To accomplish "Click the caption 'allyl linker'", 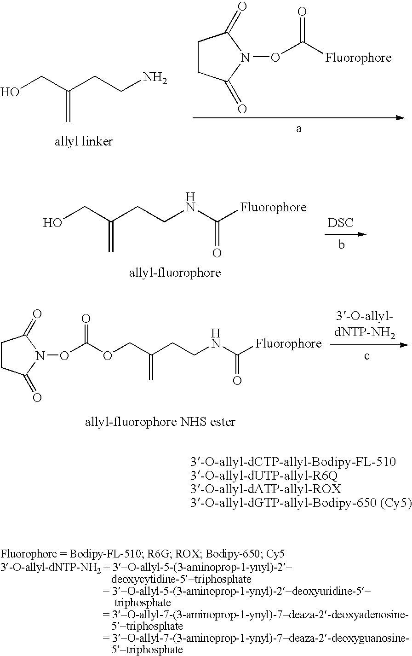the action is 83,142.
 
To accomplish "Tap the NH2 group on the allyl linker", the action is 155,78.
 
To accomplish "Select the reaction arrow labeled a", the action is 298,118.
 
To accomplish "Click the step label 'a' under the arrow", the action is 299,128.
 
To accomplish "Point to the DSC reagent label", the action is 340,223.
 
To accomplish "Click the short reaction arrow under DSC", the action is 345,234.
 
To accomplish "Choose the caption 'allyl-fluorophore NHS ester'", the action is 160,422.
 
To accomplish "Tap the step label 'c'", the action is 366,356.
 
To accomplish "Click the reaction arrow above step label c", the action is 369,345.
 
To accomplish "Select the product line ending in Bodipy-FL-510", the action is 293,462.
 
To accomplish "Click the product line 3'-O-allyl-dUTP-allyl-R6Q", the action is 264,476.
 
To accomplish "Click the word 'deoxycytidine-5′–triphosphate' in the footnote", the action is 182,579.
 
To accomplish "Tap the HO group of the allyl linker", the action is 10,92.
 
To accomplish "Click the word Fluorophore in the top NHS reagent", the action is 359,58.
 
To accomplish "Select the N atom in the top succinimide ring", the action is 245,58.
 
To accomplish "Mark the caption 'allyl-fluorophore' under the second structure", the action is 175,273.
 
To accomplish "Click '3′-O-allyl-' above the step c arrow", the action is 365,317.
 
